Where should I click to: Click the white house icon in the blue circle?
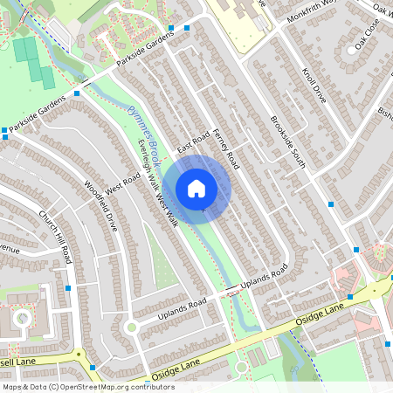click(x=196, y=188)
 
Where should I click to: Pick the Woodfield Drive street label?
click(x=100, y=203)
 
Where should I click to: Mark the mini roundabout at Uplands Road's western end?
click(x=132, y=326)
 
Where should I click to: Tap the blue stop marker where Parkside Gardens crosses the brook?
click(x=78, y=92)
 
